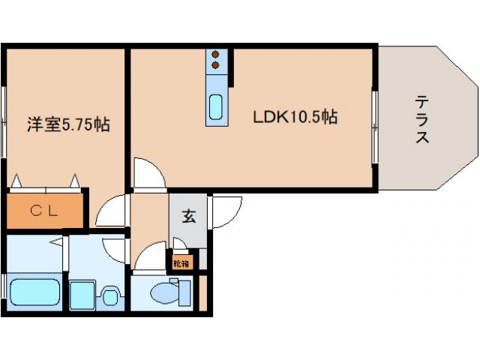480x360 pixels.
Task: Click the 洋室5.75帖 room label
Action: (68, 124)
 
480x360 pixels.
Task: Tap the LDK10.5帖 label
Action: (295, 117)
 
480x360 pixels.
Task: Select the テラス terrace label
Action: (422, 119)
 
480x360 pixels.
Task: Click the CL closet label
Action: (44, 211)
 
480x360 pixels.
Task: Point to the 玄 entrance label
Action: (188, 216)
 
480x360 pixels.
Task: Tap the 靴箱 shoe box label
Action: (181, 263)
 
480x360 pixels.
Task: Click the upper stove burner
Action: (215, 55)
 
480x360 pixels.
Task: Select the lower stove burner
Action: (215, 65)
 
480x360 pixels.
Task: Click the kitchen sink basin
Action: (215, 106)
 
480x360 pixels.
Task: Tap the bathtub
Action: (35, 292)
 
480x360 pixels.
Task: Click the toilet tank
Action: (185, 293)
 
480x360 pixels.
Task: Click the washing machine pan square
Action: (82, 296)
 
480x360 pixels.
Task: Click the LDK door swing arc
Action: (150, 173)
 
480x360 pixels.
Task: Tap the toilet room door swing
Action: (151, 256)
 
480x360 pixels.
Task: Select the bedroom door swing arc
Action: (111, 210)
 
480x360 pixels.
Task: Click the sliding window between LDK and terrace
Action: (375, 127)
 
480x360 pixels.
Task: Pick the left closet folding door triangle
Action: (16, 181)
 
